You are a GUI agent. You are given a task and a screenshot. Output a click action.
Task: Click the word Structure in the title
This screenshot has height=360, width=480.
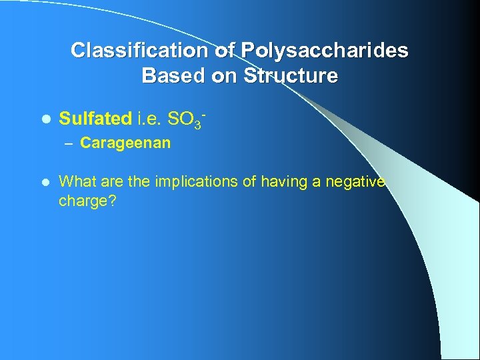tap(291, 76)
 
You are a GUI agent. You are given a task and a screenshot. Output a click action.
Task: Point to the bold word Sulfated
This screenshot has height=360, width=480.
tap(95, 119)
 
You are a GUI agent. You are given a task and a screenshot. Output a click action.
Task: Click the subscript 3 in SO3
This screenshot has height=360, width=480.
tap(198, 124)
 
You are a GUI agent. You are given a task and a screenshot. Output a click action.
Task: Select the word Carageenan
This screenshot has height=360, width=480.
tap(125, 143)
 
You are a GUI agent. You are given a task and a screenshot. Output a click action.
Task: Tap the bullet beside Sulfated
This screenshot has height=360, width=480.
tap(45, 119)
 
